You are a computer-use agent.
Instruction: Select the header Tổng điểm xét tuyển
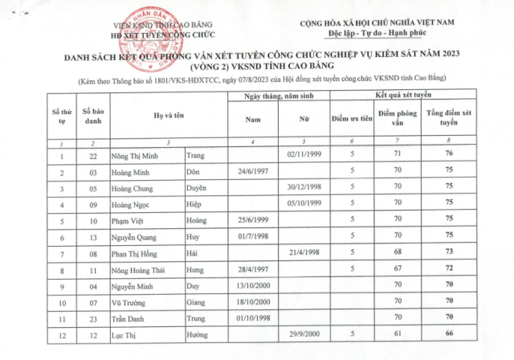(449, 118)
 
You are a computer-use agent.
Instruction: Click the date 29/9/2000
(304, 332)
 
